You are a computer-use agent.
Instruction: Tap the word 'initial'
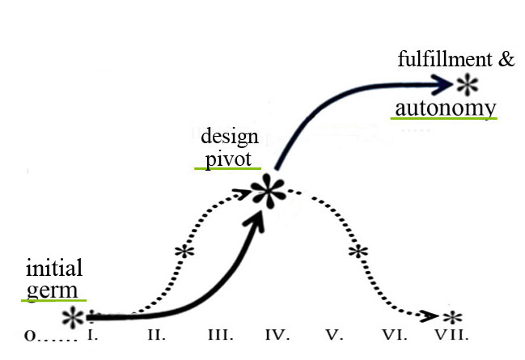click(54, 269)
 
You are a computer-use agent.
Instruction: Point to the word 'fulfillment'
click(443, 60)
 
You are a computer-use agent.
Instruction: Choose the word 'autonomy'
click(444, 108)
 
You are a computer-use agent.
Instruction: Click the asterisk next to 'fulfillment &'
click(467, 83)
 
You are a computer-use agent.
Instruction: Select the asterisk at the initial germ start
click(74, 316)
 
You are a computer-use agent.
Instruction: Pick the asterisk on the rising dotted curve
click(185, 251)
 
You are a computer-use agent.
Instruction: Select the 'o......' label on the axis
click(49, 334)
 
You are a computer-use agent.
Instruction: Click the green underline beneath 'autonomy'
click(443, 118)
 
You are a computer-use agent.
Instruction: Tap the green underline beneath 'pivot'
click(227, 168)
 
